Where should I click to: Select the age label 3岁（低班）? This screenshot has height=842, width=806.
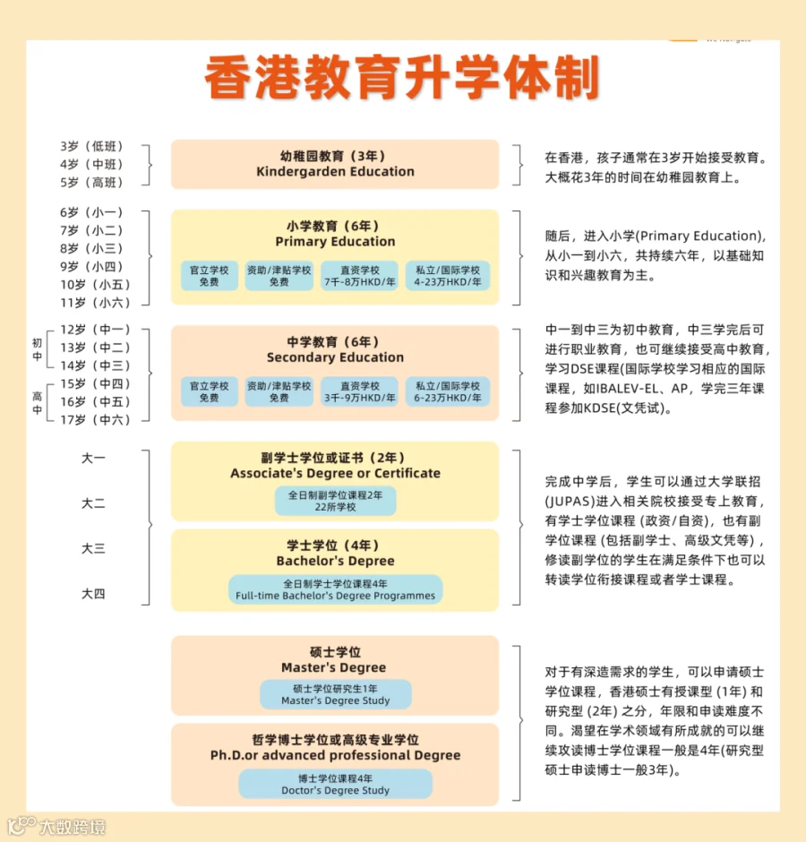(x=91, y=146)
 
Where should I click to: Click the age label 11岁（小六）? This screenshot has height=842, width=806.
(x=91, y=302)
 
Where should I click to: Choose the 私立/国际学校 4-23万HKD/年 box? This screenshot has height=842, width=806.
(x=447, y=276)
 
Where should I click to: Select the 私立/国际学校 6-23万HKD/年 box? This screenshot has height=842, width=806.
(x=447, y=391)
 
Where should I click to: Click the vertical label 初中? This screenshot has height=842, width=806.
(x=37, y=348)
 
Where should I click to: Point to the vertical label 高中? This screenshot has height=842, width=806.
(x=37, y=403)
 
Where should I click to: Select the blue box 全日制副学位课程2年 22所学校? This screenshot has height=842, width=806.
(x=335, y=501)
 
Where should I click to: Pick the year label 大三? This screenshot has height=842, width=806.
(x=93, y=548)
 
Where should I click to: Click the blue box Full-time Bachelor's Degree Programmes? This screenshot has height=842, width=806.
(x=335, y=589)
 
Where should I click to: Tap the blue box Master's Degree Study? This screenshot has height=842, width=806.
(x=335, y=694)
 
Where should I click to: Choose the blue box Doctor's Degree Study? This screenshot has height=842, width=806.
(x=335, y=784)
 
